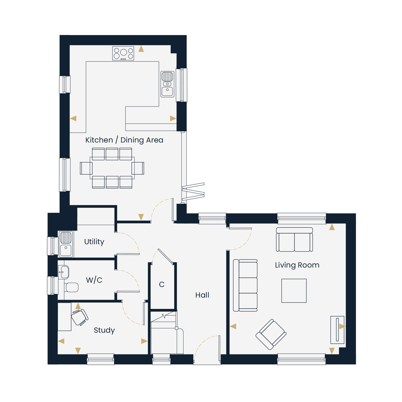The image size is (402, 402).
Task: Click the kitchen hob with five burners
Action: point(123,53)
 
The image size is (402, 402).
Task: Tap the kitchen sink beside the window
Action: point(167,84)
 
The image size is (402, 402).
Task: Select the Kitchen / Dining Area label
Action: point(124,140)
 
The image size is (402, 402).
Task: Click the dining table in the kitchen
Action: point(112,168)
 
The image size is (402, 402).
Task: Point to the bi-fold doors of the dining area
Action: point(193,192)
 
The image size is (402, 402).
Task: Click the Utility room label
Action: point(94,242)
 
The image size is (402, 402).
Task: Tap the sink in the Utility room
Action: point(66,244)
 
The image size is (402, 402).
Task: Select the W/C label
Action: point(94,280)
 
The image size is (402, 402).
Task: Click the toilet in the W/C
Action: point(71,287)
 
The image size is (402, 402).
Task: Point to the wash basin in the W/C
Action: point(63,272)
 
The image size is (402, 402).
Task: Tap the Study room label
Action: point(104,330)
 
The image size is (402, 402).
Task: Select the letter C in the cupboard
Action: point(162,284)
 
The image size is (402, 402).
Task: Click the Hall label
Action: point(202,295)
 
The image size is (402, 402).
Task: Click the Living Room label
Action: point(297,265)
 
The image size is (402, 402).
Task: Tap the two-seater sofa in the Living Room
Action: point(294,240)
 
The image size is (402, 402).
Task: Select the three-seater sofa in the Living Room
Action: point(245,285)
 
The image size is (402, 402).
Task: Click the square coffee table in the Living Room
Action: point(294,290)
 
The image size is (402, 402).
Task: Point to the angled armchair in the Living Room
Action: point(271,334)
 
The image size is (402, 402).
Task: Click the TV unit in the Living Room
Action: point(337,330)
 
